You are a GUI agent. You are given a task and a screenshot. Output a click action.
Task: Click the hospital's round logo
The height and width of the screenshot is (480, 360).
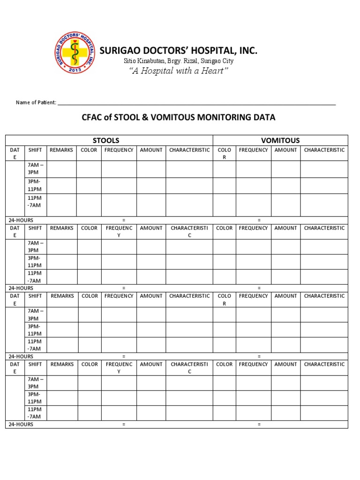point(75,52)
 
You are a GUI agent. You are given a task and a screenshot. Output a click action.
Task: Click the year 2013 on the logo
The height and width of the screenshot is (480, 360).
point(75,69)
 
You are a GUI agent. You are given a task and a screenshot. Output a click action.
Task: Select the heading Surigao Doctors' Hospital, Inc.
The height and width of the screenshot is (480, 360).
point(178,51)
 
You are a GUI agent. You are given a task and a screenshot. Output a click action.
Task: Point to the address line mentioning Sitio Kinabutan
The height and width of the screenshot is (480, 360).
point(178,61)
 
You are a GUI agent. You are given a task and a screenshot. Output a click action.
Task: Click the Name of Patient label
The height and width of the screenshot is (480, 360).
point(36,102)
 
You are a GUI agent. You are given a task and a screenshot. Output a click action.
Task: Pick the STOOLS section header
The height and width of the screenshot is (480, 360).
point(106,140)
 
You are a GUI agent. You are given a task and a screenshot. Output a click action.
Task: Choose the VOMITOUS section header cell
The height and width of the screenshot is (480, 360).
point(280,140)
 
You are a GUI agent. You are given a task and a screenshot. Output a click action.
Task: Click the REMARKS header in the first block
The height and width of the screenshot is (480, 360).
point(61,150)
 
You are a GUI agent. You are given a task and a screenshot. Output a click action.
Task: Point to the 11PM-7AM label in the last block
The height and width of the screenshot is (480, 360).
point(35,412)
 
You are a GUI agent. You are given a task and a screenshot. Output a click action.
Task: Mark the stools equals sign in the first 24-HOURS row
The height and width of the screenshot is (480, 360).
point(124,220)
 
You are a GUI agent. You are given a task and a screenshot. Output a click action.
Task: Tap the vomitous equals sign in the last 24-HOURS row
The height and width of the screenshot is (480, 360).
point(259,424)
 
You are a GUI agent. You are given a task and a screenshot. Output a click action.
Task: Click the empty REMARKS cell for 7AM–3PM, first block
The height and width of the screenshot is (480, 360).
point(61,169)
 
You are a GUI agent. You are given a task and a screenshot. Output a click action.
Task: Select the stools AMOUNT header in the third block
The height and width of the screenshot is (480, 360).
point(151,296)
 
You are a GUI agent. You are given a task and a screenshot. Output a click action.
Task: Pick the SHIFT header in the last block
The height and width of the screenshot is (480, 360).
point(35,364)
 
